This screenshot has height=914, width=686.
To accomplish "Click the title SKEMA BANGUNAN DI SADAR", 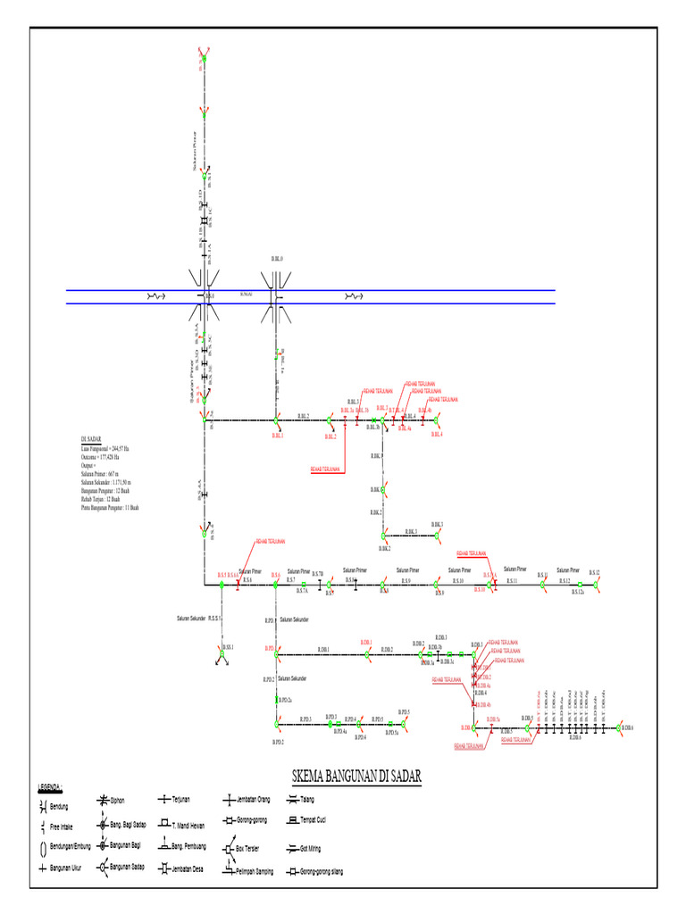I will pyautogui.click(x=356, y=776).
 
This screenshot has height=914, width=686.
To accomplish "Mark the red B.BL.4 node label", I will pyautogui.click(x=437, y=435).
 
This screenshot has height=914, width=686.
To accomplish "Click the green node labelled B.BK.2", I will pyautogui.click(x=384, y=536).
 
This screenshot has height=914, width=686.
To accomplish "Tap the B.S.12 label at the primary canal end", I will pyautogui.click(x=594, y=572).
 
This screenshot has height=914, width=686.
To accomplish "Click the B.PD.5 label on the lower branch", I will pyautogui.click(x=404, y=712).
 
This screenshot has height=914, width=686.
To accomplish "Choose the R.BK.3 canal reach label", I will pyautogui.click(x=411, y=532).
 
